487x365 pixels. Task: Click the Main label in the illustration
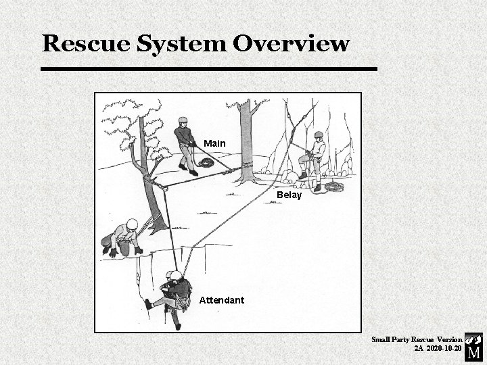pos(214,143)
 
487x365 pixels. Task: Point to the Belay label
pos(289,195)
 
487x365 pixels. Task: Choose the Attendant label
pos(222,299)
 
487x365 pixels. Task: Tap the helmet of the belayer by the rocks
pos(318,135)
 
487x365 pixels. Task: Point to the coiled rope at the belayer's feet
pos(333,186)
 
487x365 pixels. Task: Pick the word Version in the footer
pos(449,339)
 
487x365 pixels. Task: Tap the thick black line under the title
pos(208,69)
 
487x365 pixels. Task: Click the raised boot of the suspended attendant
pos(148,305)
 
